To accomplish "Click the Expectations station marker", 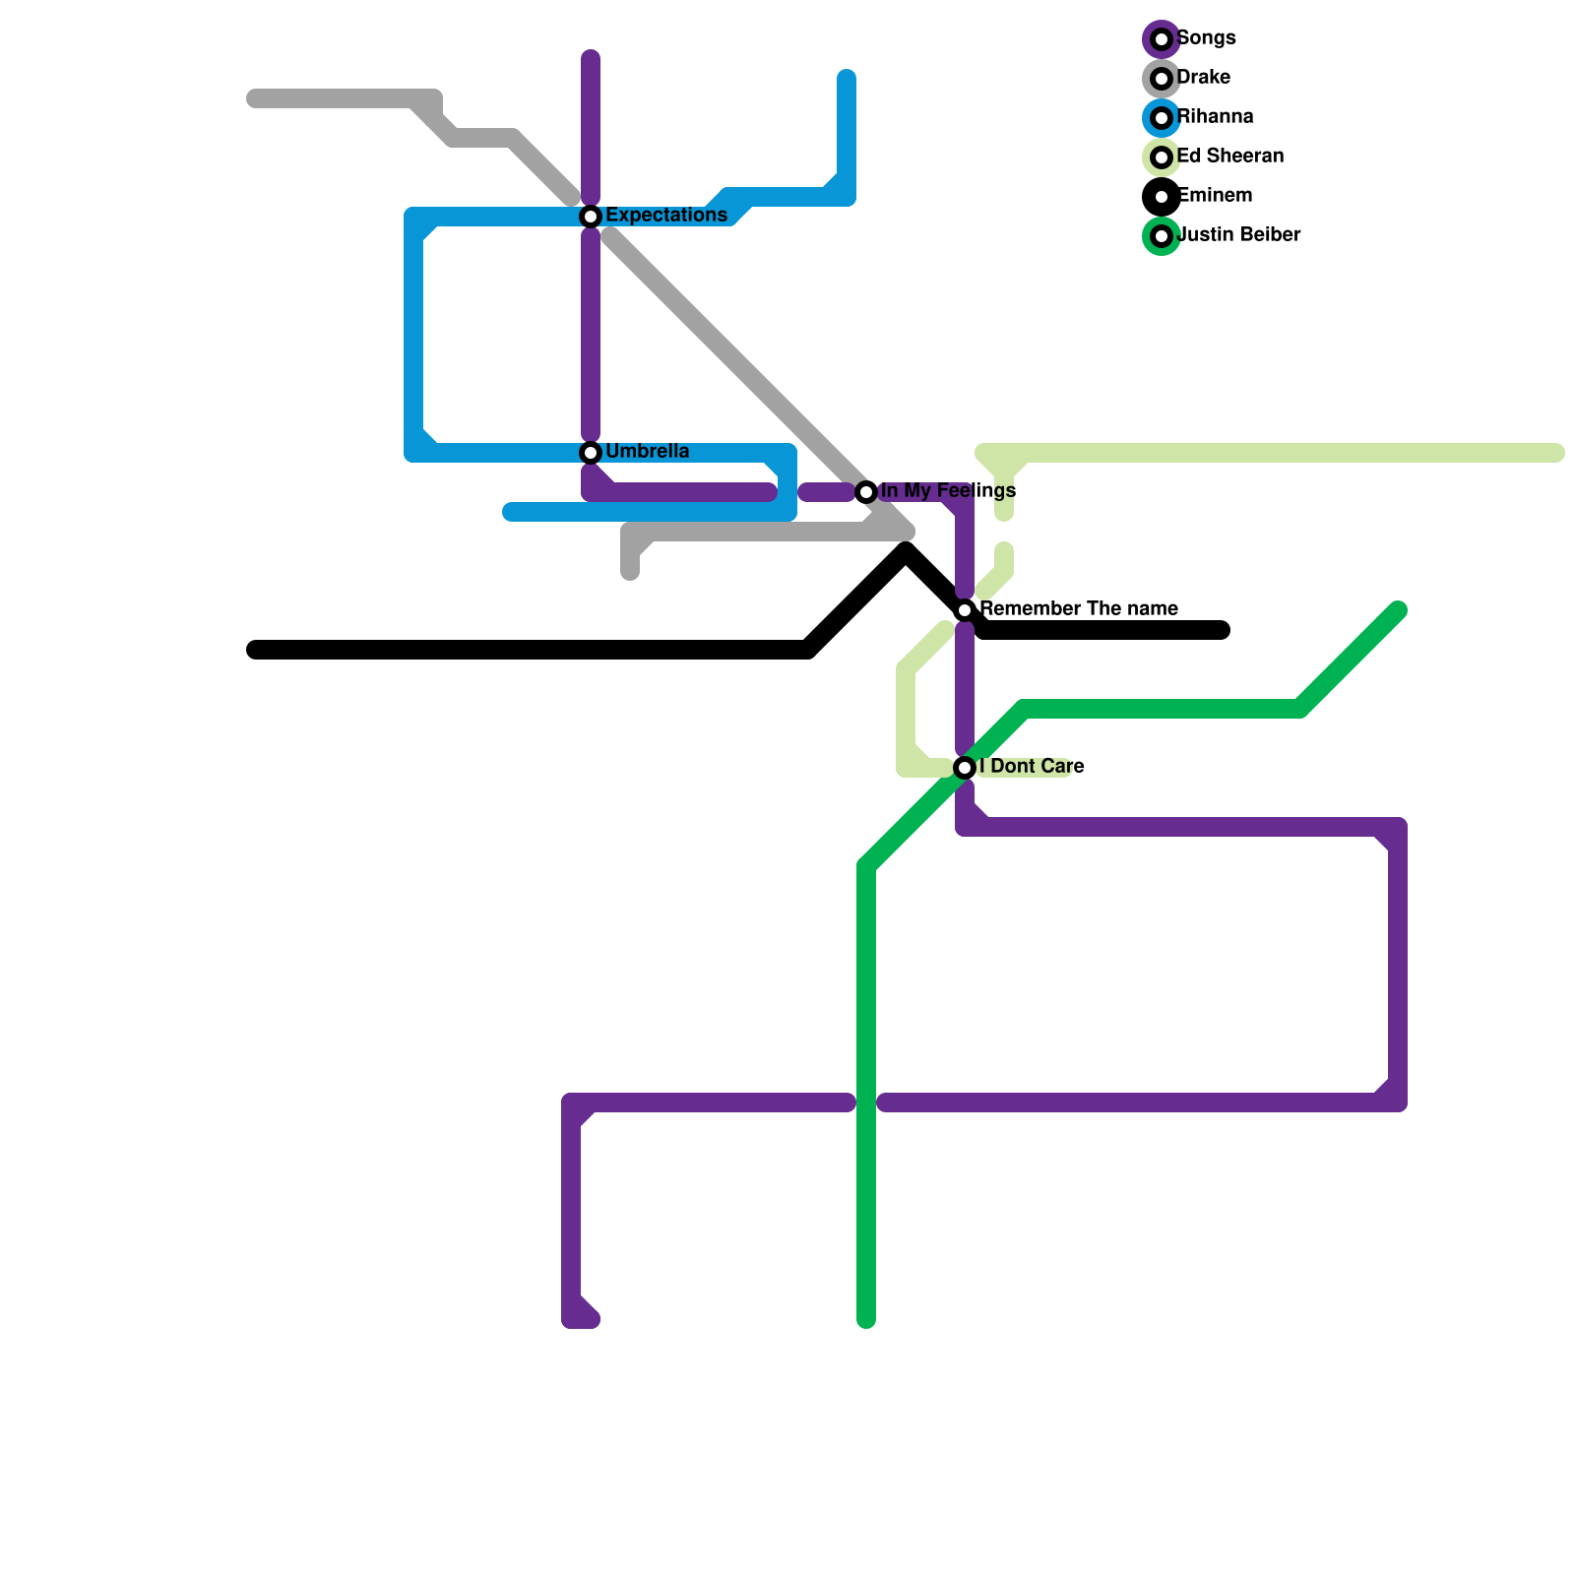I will pyautogui.click(x=591, y=217).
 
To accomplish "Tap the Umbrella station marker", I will pyautogui.click(x=591, y=453).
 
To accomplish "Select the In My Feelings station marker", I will pyautogui.click(x=866, y=492).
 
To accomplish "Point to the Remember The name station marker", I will pyautogui.click(x=965, y=610).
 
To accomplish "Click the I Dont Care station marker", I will pyautogui.click(x=965, y=768).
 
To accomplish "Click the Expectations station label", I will pyautogui.click(x=665, y=216).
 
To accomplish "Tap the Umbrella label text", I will pyautogui.click(x=647, y=452).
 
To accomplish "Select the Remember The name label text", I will pyautogui.click(x=1079, y=609).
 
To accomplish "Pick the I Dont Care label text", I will pyautogui.click(x=1032, y=767).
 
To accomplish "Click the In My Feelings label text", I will pyautogui.click(x=948, y=491).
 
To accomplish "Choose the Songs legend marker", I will pyautogui.click(x=1162, y=39).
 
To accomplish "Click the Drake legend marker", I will pyautogui.click(x=1162, y=79).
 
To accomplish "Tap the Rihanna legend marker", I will pyautogui.click(x=1162, y=118).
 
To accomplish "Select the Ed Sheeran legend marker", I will pyautogui.click(x=1162, y=157).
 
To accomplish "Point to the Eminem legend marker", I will pyautogui.click(x=1162, y=197).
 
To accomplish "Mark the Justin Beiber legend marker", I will pyautogui.click(x=1162, y=236).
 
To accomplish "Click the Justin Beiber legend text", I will pyautogui.click(x=1238, y=235).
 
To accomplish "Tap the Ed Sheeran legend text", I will pyautogui.click(x=1229, y=157).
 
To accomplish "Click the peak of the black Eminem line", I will pyautogui.click(x=906, y=554).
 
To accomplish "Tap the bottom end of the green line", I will pyautogui.click(x=866, y=1319).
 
